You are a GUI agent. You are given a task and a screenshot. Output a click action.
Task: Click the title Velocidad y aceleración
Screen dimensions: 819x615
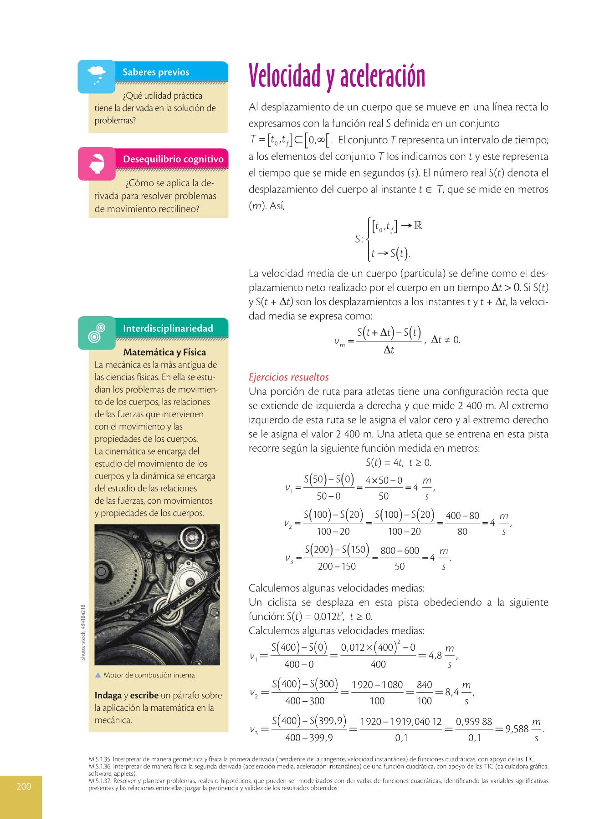pos(337,76)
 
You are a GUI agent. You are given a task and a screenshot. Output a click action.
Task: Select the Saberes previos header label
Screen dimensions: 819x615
pos(156,72)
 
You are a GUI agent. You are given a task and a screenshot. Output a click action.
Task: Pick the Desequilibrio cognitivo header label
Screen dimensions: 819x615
pos(173,159)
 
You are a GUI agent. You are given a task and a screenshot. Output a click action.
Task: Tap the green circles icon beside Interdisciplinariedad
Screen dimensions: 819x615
pos(97,333)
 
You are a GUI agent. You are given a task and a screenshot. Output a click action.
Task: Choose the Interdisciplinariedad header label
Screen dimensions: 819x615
pos(168,329)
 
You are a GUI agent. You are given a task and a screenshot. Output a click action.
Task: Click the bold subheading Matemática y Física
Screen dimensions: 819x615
pos(164,352)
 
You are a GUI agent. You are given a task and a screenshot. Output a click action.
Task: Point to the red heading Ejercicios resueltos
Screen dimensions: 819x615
pos(288,377)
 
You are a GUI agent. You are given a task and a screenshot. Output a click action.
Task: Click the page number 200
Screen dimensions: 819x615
pos(24,787)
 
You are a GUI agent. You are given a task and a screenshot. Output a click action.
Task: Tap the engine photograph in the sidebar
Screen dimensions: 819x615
pos(157,594)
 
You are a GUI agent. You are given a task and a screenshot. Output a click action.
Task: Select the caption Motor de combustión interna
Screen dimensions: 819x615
pos(149,675)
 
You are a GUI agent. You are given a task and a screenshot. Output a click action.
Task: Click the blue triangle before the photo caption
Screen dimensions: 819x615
pos(98,675)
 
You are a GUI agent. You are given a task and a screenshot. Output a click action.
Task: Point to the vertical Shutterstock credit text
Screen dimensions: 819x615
pos(83,632)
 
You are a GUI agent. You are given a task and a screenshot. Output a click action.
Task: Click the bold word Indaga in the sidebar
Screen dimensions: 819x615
pos(108,696)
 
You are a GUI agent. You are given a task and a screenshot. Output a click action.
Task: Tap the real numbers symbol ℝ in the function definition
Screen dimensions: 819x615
pos(418,226)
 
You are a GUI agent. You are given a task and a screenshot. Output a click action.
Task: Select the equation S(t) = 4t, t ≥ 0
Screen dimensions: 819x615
pos(398,463)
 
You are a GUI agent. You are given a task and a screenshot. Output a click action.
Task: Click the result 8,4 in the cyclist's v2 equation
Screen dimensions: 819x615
pos(452,692)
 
